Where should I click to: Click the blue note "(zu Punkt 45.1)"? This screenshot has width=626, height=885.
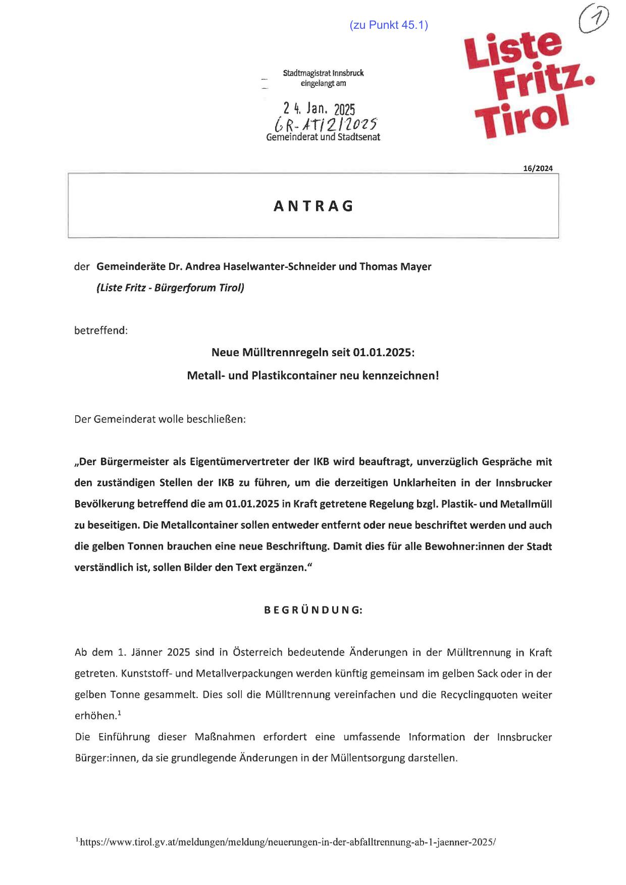(388, 25)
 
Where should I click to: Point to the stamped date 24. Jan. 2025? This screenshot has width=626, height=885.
(319, 108)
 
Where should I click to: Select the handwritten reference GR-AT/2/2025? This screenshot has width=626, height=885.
(326, 124)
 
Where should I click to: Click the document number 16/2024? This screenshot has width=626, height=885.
(538, 169)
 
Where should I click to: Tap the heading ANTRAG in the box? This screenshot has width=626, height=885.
(314, 206)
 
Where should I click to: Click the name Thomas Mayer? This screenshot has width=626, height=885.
(395, 266)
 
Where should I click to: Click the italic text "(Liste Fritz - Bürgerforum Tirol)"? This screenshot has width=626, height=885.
(170, 288)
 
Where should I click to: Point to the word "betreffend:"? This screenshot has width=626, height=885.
(101, 330)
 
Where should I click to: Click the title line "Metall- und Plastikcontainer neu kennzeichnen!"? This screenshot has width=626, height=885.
(312, 375)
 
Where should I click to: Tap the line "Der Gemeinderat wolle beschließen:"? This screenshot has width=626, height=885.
(160, 419)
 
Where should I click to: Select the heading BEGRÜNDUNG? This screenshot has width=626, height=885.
(313, 610)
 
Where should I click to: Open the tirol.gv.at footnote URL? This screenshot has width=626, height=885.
(288, 842)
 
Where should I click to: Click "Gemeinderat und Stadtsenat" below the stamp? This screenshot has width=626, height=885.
(323, 137)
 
